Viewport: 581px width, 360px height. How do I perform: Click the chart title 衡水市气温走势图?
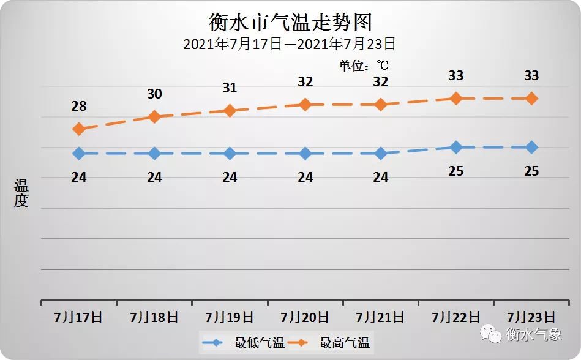click(x=290, y=23)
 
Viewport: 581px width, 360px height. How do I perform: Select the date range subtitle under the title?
click(x=290, y=44)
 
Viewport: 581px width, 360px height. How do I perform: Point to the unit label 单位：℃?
click(x=364, y=65)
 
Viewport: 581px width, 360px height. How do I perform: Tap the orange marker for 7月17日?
click(x=78, y=129)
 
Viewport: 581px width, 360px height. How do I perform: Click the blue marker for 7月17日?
click(x=78, y=153)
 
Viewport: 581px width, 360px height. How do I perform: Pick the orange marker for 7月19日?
click(x=230, y=110)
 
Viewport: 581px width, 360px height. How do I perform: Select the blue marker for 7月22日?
click(x=456, y=147)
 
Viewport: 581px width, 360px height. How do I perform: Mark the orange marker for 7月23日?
click(x=531, y=98)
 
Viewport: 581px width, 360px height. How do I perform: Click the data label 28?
click(x=79, y=107)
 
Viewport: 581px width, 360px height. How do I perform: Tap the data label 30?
click(x=154, y=94)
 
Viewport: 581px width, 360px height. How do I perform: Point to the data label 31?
click(x=230, y=88)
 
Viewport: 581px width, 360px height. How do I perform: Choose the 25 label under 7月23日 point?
click(x=531, y=171)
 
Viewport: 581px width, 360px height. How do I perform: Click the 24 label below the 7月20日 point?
click(x=305, y=178)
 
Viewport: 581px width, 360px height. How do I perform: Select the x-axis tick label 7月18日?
click(x=154, y=317)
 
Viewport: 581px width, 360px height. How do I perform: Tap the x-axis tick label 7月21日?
click(x=380, y=317)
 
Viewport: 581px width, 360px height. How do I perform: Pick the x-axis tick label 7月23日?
click(x=531, y=317)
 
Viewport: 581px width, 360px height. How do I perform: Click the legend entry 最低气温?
click(x=245, y=343)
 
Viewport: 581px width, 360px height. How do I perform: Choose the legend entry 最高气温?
click(x=330, y=343)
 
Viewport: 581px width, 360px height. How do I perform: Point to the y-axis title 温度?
click(x=21, y=193)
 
